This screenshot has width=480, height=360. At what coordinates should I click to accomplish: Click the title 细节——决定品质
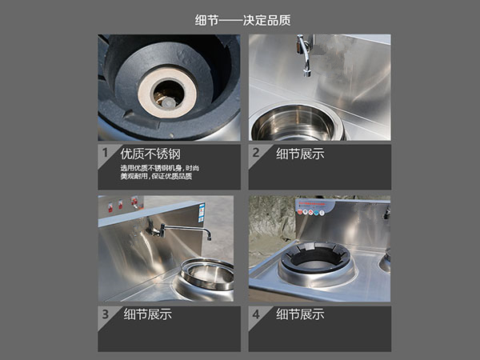point(242,21)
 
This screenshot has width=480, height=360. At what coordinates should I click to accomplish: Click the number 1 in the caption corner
point(106,153)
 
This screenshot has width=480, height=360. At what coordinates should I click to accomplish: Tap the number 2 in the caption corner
point(256,153)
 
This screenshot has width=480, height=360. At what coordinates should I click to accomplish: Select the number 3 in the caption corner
point(106,314)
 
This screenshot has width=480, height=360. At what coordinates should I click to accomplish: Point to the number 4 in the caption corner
point(256,314)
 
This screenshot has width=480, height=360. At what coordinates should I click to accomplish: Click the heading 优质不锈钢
point(150,154)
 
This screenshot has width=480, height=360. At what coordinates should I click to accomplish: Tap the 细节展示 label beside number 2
point(300,154)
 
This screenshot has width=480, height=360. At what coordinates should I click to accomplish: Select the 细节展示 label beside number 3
point(147,314)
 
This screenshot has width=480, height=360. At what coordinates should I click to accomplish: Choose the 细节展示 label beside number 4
point(300,314)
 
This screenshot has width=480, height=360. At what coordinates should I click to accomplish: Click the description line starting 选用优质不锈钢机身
point(159,168)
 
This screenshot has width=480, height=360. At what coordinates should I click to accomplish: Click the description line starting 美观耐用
point(156,176)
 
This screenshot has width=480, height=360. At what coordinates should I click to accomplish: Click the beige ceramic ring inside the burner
point(167,92)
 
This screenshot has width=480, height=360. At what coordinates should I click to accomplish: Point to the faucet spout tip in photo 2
point(307,74)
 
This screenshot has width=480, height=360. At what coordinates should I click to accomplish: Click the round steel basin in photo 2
point(296,123)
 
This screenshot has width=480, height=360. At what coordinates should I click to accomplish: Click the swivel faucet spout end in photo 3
point(209,235)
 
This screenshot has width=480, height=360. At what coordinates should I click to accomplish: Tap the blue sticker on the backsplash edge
point(202,213)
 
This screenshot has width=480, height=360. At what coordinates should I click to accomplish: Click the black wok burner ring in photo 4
point(315,258)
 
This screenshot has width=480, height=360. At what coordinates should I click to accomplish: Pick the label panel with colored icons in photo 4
point(314,207)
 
